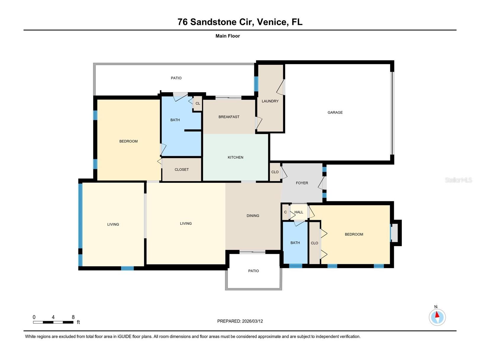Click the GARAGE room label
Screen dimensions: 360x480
(335, 112)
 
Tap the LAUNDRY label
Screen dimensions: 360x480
(270, 101)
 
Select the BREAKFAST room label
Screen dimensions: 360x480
(229, 117)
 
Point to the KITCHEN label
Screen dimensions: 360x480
(235, 157)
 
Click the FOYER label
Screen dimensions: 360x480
(302, 183)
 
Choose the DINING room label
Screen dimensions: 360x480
(253, 216)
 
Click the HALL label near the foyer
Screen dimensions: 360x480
(299, 212)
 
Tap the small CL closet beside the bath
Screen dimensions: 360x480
(198, 104)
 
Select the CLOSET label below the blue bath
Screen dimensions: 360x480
(181, 169)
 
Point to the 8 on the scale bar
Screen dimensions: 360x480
(73, 317)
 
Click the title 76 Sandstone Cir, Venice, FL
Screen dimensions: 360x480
(240, 22)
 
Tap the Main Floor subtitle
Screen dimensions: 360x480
(228, 36)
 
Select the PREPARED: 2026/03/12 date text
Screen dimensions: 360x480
(240, 321)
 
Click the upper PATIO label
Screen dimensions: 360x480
(176, 78)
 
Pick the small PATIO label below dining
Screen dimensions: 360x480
(253, 271)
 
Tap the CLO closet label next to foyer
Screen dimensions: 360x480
(275, 172)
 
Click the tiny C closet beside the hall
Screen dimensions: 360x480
(285, 212)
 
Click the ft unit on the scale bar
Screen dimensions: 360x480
(78, 322)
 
